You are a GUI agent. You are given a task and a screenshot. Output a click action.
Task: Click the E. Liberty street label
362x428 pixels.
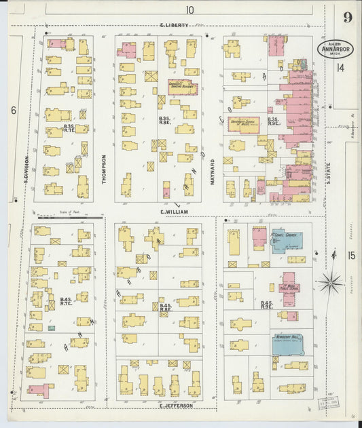[174, 26]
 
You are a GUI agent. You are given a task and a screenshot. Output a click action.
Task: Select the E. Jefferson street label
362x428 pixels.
[177, 405]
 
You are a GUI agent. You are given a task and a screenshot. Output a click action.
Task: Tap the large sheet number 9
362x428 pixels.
[347, 18]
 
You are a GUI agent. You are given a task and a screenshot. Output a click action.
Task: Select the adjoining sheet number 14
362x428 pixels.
[340, 68]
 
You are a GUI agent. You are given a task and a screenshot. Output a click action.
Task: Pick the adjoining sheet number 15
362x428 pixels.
[350, 255]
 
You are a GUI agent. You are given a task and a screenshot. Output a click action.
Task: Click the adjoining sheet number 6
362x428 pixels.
[13, 110]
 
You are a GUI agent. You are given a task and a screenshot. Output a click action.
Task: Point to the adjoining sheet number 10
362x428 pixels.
[188, 9]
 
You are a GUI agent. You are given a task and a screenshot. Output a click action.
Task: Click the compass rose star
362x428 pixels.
[331, 281]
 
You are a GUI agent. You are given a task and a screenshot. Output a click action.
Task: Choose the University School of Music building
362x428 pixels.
[247, 125]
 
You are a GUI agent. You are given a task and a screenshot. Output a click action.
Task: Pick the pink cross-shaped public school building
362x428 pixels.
[289, 288]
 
